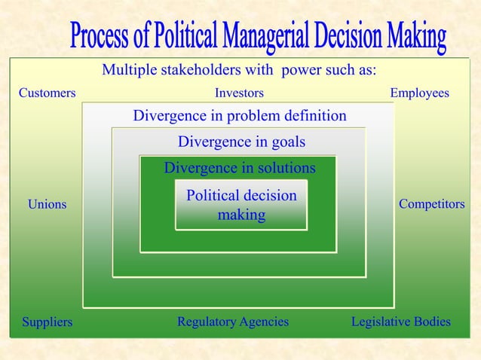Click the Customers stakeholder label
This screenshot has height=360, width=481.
47,93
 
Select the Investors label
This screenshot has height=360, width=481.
239,93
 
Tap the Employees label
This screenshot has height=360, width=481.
419,93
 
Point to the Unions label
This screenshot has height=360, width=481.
47,204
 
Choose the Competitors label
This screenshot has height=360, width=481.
431,204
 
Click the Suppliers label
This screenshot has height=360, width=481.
47,322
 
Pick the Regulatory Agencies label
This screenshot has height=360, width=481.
233,322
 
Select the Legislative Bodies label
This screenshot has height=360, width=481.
401,322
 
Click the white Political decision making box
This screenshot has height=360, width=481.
241,205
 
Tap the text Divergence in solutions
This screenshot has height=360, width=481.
240,167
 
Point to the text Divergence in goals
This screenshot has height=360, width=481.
241,142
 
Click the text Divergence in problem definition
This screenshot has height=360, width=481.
240,116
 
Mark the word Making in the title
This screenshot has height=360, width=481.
417,35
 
